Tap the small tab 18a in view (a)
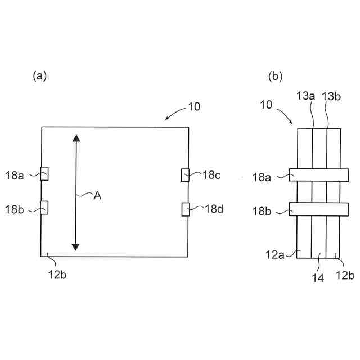[44, 174]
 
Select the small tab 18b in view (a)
[44, 208]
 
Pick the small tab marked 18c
[185, 175]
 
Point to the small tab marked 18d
[185, 209]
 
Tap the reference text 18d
[213, 209]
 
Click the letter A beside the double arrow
[97, 195]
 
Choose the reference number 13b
[331, 97]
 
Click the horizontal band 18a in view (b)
[318, 175]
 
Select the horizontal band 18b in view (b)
[318, 209]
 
